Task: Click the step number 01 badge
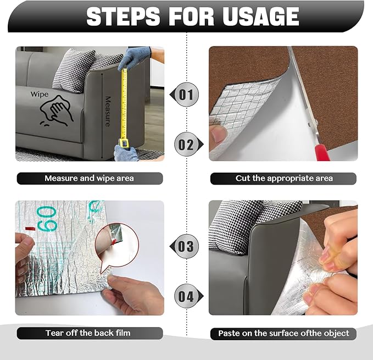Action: [x=187, y=95]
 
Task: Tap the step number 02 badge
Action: [x=187, y=145]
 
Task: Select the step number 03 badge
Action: [x=187, y=246]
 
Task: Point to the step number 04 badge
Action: [x=187, y=296]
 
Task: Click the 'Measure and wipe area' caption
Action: [x=89, y=178]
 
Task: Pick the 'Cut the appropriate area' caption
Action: [x=283, y=178]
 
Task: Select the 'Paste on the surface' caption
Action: [x=283, y=333]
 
